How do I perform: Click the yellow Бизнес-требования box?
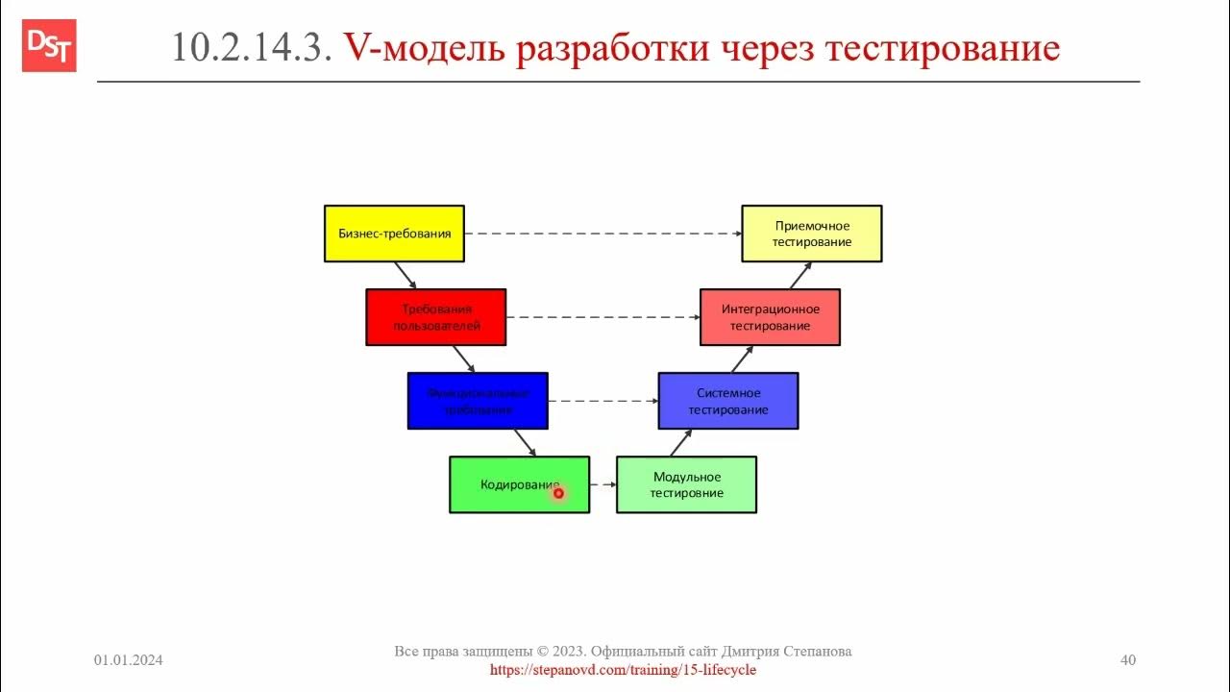tap(394, 234)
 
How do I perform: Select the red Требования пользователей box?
tap(435, 317)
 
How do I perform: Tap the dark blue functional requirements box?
tap(478, 401)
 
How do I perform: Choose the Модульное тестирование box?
tap(686, 484)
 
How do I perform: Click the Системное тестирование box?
tap(727, 401)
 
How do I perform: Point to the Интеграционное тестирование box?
tap(770, 317)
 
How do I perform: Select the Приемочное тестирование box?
tap(811, 234)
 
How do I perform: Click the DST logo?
tap(49, 46)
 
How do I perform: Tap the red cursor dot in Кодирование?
tap(558, 493)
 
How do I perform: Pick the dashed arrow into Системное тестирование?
tap(603, 401)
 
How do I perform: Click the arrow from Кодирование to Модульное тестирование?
tap(603, 484)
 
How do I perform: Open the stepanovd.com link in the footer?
tap(623, 669)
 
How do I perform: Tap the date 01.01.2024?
tap(128, 660)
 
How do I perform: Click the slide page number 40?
tap(1128, 660)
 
